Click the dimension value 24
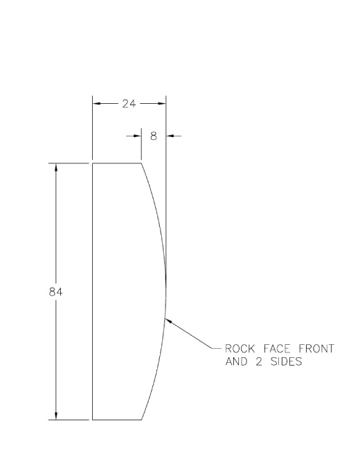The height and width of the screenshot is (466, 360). [129, 104]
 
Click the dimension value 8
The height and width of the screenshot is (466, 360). [154, 136]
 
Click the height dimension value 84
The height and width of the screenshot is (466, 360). [56, 292]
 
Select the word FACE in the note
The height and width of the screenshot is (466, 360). [277, 348]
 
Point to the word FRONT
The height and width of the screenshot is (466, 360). [316, 348]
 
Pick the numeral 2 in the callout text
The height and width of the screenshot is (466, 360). [259, 361]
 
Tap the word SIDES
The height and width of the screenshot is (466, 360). [287, 361]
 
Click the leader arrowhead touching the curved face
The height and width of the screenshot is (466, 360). [168, 321]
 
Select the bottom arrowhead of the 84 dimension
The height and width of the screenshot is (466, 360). [56, 415]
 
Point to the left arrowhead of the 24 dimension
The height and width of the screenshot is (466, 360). [96, 103]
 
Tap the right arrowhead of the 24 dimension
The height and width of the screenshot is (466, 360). [162, 103]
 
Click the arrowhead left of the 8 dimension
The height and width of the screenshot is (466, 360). [137, 136]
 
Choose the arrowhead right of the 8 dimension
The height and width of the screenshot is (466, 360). [170, 136]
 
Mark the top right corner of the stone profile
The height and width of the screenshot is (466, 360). [141, 163]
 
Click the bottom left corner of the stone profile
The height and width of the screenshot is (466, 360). [92, 420]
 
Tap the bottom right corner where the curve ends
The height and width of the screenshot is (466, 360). [141, 420]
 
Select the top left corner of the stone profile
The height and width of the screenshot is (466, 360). [92, 163]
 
